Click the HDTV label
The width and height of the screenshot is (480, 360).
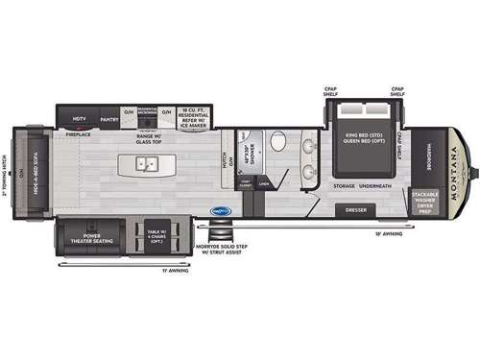[81, 120]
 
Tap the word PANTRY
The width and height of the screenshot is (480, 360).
[109, 120]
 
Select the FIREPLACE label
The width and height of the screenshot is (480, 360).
[78, 134]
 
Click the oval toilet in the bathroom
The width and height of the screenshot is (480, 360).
[276, 143]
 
